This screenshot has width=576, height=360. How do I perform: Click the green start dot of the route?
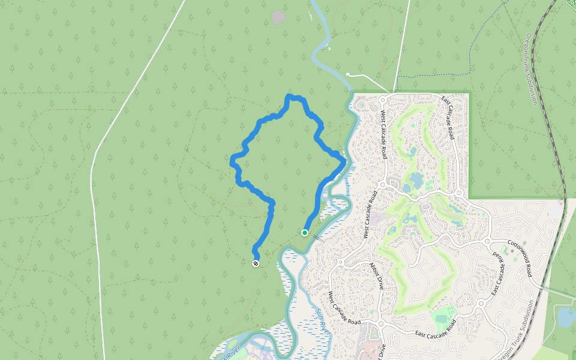(x=305, y=233)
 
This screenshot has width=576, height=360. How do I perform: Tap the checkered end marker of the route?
(x=256, y=263)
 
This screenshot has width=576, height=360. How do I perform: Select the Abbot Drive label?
(x=376, y=277)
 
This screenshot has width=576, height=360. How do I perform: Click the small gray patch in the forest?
(x=278, y=17)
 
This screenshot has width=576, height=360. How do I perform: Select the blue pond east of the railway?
(x=566, y=317)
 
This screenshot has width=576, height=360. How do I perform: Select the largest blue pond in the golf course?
(x=416, y=180)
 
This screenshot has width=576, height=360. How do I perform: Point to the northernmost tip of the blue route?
(x=289, y=95)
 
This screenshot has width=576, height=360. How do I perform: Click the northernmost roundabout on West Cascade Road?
(x=383, y=100)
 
